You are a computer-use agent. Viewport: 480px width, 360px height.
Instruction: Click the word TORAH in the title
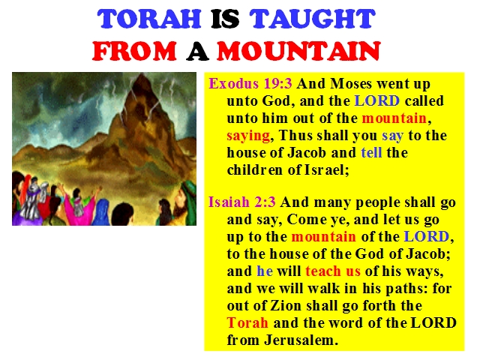[149, 19]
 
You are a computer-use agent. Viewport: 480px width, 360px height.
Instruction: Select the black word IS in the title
[225, 19]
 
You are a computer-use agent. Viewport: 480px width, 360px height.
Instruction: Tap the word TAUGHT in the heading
[312, 19]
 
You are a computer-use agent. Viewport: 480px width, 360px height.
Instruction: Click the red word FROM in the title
[135, 50]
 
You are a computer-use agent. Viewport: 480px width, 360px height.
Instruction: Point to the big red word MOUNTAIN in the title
[298, 50]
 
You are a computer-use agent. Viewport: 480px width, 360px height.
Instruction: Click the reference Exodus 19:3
[250, 83]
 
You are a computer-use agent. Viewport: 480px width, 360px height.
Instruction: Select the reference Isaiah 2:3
[242, 202]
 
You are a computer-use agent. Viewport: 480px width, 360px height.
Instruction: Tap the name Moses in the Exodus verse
[351, 83]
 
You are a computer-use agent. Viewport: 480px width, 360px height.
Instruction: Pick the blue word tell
[372, 152]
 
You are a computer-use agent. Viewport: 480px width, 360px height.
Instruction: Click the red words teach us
[333, 271]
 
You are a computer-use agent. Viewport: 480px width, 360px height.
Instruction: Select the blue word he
[265, 271]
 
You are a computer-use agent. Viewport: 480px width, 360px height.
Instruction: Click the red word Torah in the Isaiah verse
[247, 322]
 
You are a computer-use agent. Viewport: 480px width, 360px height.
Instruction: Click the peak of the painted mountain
[141, 74]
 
